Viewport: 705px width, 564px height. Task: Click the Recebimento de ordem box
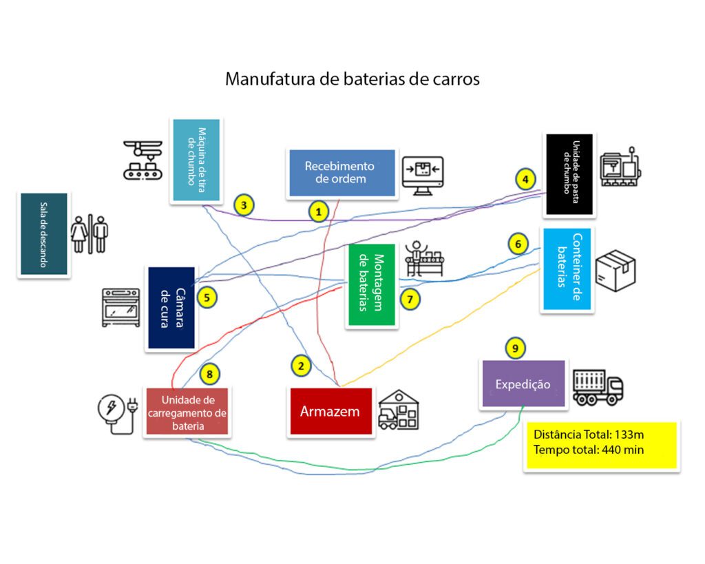pos(341,173)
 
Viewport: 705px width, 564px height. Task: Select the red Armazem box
pos(330,411)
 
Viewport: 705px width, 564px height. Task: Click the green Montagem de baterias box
pos(372,284)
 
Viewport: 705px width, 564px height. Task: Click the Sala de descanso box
pos(43,234)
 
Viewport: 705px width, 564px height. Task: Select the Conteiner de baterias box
pos(567,269)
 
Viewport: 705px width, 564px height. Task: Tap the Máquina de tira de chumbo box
pos(196,160)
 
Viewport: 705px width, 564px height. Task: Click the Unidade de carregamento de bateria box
pos(188,412)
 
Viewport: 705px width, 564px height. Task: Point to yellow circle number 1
pos(318,211)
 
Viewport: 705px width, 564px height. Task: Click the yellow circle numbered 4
pos(525,180)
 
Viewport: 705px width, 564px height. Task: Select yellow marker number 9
pos(514,348)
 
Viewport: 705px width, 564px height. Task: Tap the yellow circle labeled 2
pos(301,365)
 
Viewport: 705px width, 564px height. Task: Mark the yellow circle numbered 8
pos(210,375)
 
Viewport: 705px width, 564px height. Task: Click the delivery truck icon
pos(598,386)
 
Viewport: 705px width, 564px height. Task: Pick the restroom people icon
pos(90,234)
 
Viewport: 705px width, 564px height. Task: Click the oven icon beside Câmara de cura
pos(121,307)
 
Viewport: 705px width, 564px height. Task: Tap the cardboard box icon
pos(615,269)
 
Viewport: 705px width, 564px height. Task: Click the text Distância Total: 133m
pos(587,435)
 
